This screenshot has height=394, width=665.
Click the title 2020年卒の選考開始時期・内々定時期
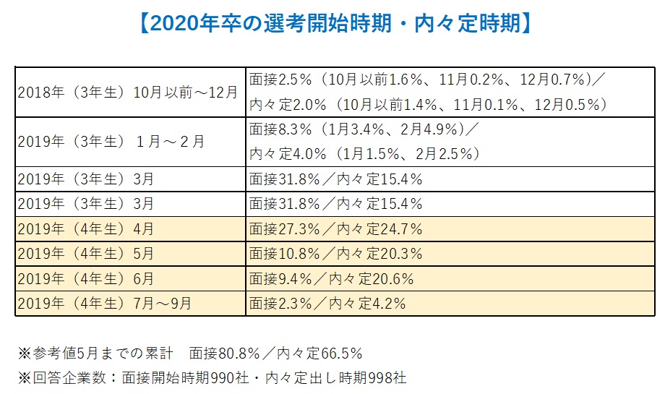(335, 23)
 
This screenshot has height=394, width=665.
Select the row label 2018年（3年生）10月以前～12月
(128, 93)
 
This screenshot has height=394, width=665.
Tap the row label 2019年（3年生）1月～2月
(111, 142)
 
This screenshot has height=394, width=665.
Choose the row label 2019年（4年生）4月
(86, 229)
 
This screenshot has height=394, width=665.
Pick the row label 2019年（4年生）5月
(86, 254)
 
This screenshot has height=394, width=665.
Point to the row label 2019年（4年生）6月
(86, 278)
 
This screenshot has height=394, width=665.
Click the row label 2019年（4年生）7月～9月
(105, 303)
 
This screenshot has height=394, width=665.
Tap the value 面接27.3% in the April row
(285, 229)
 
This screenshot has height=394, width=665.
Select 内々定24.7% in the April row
(379, 229)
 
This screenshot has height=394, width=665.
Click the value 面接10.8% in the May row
(285, 254)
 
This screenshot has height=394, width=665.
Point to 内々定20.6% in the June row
(371, 278)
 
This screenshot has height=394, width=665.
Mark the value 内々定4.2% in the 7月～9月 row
(367, 303)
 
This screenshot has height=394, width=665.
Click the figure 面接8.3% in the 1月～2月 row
(280, 129)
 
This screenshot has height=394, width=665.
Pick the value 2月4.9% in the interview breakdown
(429, 129)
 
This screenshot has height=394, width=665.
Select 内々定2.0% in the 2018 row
(288, 104)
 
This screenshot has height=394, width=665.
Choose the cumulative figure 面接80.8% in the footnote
(224, 354)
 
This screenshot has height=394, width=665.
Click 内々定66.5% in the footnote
(319, 354)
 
